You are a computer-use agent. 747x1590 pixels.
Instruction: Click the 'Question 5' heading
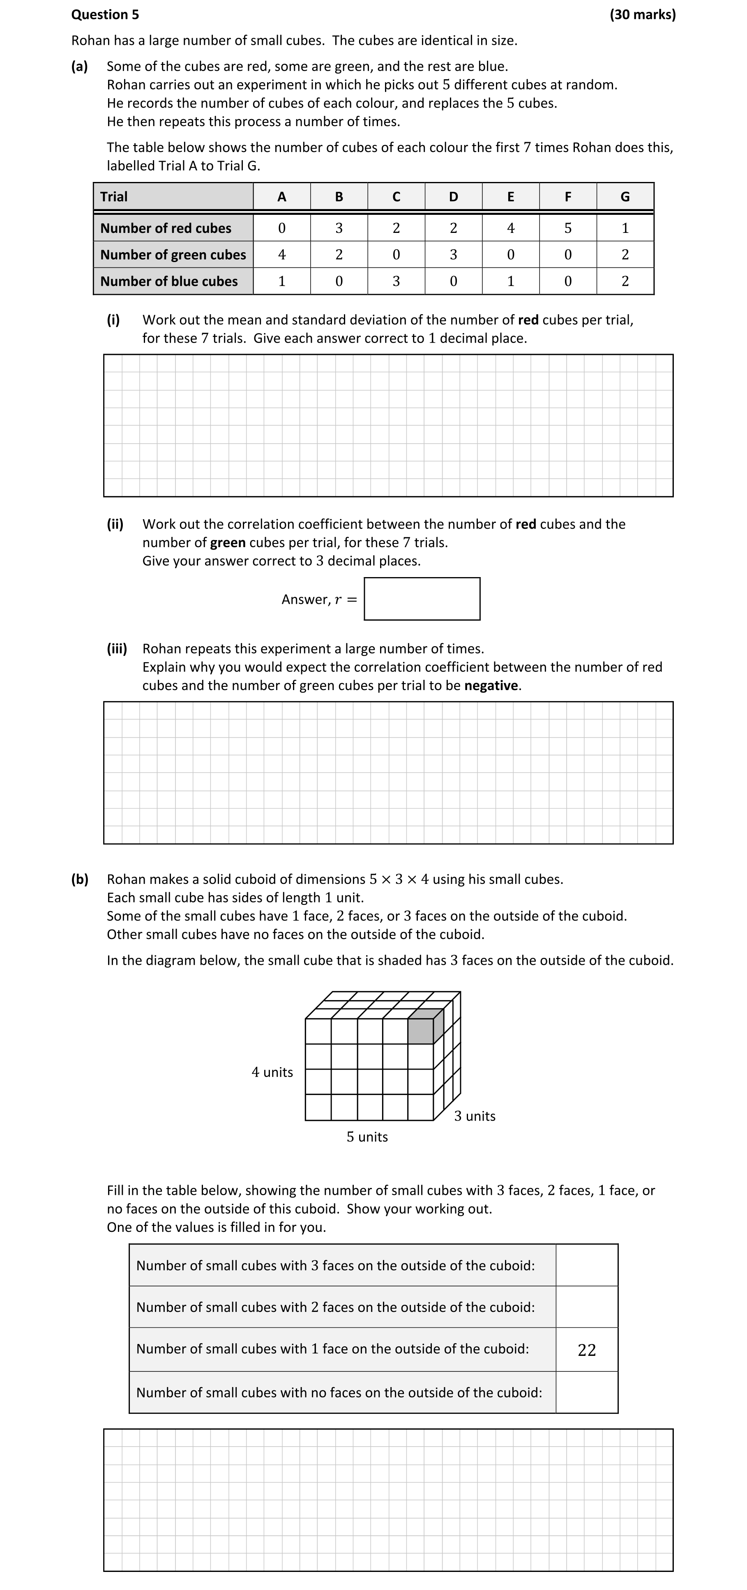105,14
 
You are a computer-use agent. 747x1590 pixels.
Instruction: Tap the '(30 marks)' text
642,14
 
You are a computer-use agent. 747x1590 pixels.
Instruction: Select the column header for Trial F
567,197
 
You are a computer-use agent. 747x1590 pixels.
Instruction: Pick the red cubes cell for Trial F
567,228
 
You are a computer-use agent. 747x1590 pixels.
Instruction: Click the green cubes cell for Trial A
281,254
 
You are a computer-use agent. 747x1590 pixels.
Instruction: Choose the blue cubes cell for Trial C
396,281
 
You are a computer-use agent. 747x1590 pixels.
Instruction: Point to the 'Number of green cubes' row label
173,254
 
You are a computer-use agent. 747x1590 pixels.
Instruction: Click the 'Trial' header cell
173,197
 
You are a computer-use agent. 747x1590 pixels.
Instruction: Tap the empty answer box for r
422,599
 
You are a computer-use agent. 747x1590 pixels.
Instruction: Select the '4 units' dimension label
272,1072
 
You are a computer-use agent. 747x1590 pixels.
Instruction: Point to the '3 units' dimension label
475,1116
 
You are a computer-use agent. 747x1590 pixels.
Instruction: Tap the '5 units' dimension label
367,1137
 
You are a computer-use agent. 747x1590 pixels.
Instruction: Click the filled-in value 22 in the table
586,1350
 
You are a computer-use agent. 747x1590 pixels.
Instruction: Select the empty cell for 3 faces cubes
586,1266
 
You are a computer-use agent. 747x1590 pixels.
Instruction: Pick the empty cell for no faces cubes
586,1392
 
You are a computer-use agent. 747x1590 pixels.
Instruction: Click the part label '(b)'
80,879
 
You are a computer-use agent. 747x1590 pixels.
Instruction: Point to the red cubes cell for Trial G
625,228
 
